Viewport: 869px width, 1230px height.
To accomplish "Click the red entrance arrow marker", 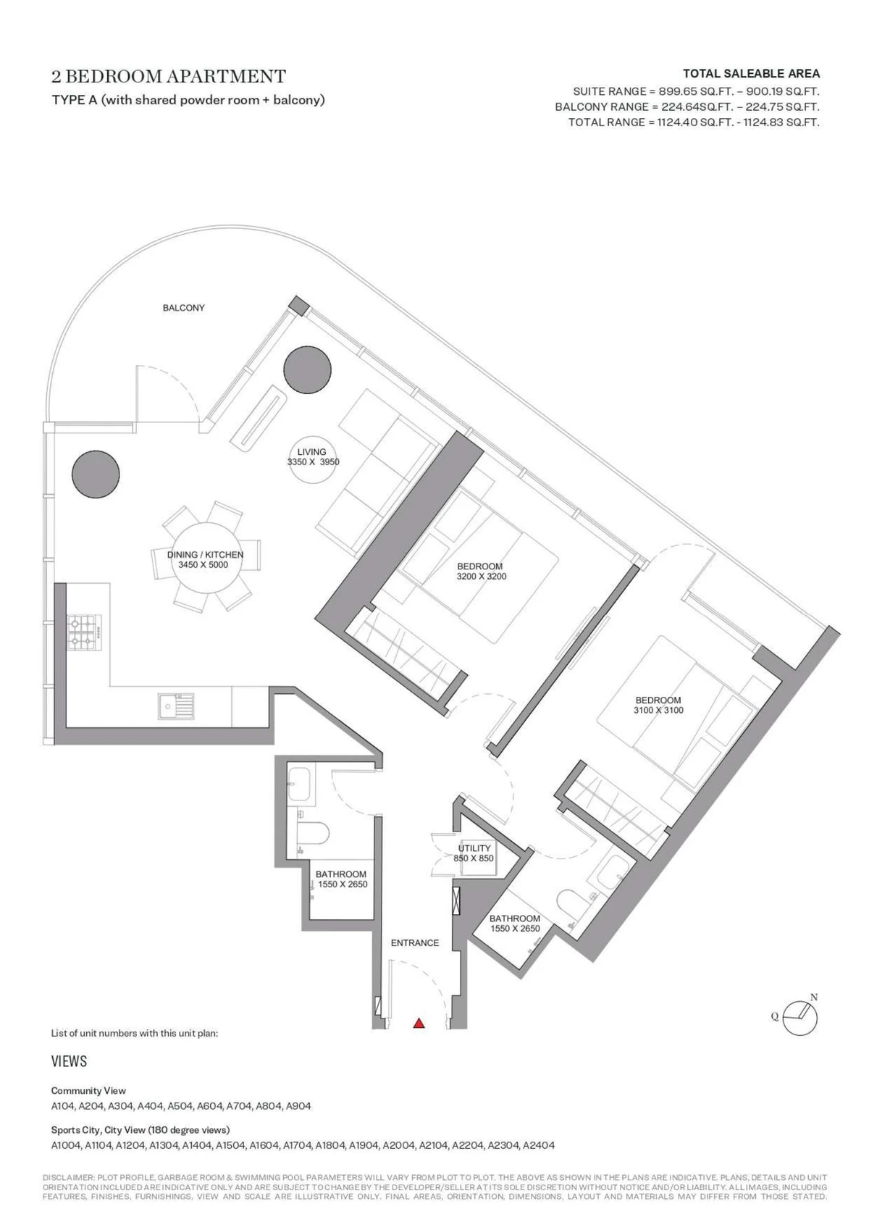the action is pos(419,1022).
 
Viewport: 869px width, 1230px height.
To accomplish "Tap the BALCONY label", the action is pos(183,308).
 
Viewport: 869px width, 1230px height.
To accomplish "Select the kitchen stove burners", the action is pos(83,632).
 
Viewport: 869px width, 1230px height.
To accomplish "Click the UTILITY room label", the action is pos(474,848).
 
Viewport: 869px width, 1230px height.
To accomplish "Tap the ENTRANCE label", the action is pos(415,943).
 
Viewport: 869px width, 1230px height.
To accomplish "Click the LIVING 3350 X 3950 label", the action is pos(314,457).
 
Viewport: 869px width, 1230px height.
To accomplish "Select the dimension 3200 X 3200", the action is pos(482,577).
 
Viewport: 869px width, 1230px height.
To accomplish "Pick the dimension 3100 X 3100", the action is pos(658,710).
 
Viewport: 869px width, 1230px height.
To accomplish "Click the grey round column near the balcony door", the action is pos(308,369).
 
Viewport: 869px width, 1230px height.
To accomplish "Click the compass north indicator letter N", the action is pos(814,997).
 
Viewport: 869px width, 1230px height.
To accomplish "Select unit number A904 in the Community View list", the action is pos(298,1106).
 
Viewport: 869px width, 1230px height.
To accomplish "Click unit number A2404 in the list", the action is pos(539,1145).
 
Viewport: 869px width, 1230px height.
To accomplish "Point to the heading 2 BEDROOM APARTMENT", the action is pos(169,76).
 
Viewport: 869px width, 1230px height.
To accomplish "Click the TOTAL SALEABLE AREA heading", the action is pos(751,74).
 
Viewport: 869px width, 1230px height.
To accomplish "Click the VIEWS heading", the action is pos(70,1061).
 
